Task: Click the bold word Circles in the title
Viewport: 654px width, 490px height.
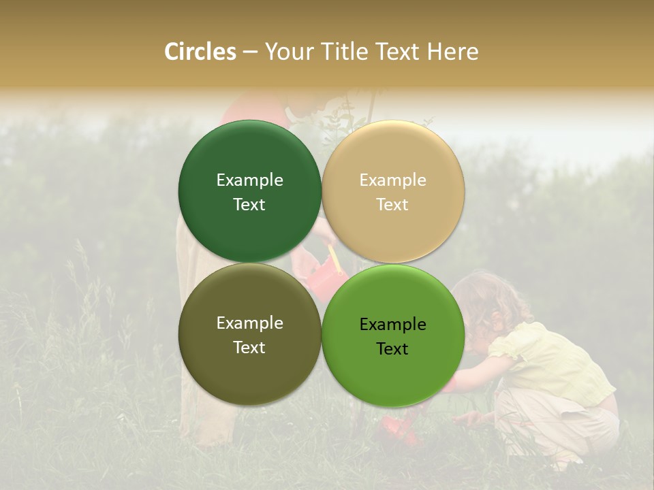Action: [x=200, y=52]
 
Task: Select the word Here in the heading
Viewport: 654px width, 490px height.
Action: [x=452, y=52]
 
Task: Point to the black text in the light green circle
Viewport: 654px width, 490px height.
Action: [x=392, y=336]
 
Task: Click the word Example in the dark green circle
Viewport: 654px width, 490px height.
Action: [x=249, y=180]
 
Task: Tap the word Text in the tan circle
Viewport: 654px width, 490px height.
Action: [x=392, y=204]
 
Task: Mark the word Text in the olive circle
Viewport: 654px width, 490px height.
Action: [x=249, y=347]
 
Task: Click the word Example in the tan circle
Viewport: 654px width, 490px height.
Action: [x=392, y=180]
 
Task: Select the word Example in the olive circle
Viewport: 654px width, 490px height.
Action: [x=249, y=323]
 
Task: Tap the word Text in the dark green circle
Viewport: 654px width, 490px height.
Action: [x=249, y=204]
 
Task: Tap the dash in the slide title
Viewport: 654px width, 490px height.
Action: [x=250, y=52]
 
